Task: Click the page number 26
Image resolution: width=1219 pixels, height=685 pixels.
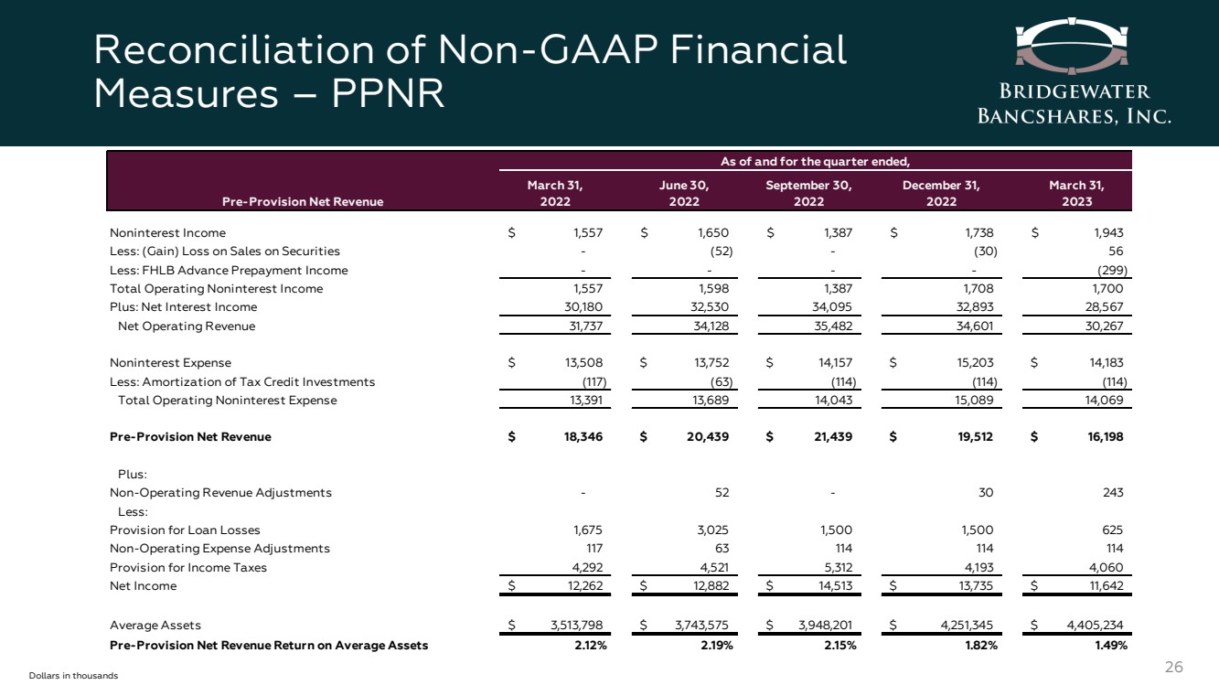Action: pos(1174,667)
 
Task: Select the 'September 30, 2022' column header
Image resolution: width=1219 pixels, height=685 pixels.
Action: pos(809,194)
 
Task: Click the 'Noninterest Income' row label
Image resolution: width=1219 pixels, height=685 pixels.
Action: pos(167,233)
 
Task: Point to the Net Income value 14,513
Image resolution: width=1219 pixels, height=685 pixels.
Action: pos(832,586)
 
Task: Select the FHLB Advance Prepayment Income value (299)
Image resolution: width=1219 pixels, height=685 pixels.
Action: pos(1111,271)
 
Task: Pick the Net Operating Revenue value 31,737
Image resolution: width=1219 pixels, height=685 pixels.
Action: pos(583,326)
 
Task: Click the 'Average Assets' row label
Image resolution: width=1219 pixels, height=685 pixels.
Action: pos(155,626)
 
